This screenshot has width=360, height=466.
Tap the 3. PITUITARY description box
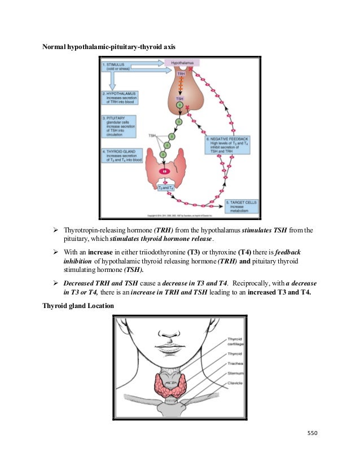(119, 127)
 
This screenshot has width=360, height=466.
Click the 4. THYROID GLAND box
(120, 156)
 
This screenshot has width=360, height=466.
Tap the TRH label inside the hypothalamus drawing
(181, 74)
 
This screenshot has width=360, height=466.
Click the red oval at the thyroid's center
(165, 170)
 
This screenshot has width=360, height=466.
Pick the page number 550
(313, 433)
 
